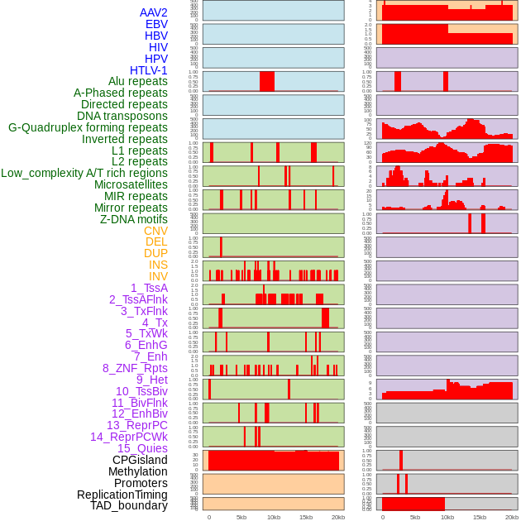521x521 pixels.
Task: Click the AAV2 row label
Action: pos(154,12)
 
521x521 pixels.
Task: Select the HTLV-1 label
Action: pos(149,70)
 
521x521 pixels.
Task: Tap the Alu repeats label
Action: pos(138,81)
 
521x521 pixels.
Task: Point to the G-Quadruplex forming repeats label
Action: pos(88,127)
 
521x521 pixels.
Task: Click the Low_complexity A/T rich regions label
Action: pos(84,173)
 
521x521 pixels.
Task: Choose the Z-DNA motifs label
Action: pos(134,219)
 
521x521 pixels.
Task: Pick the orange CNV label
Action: pos(155,231)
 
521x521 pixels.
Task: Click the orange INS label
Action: pos(158,265)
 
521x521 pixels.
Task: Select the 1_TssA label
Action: pos(149,288)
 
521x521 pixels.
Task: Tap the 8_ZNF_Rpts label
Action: pos(135,368)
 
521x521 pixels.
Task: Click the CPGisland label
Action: pos(140,460)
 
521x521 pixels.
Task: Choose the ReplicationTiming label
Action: pos(122,495)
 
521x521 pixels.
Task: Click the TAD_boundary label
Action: pos(129,505)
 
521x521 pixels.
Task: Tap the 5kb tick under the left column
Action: pos(241,517)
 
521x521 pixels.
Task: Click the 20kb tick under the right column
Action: pos(512,517)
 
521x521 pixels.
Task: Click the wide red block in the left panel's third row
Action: pos(267,81)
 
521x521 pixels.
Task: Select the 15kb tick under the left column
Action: pos(306,517)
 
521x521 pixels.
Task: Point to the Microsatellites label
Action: pos(131,184)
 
